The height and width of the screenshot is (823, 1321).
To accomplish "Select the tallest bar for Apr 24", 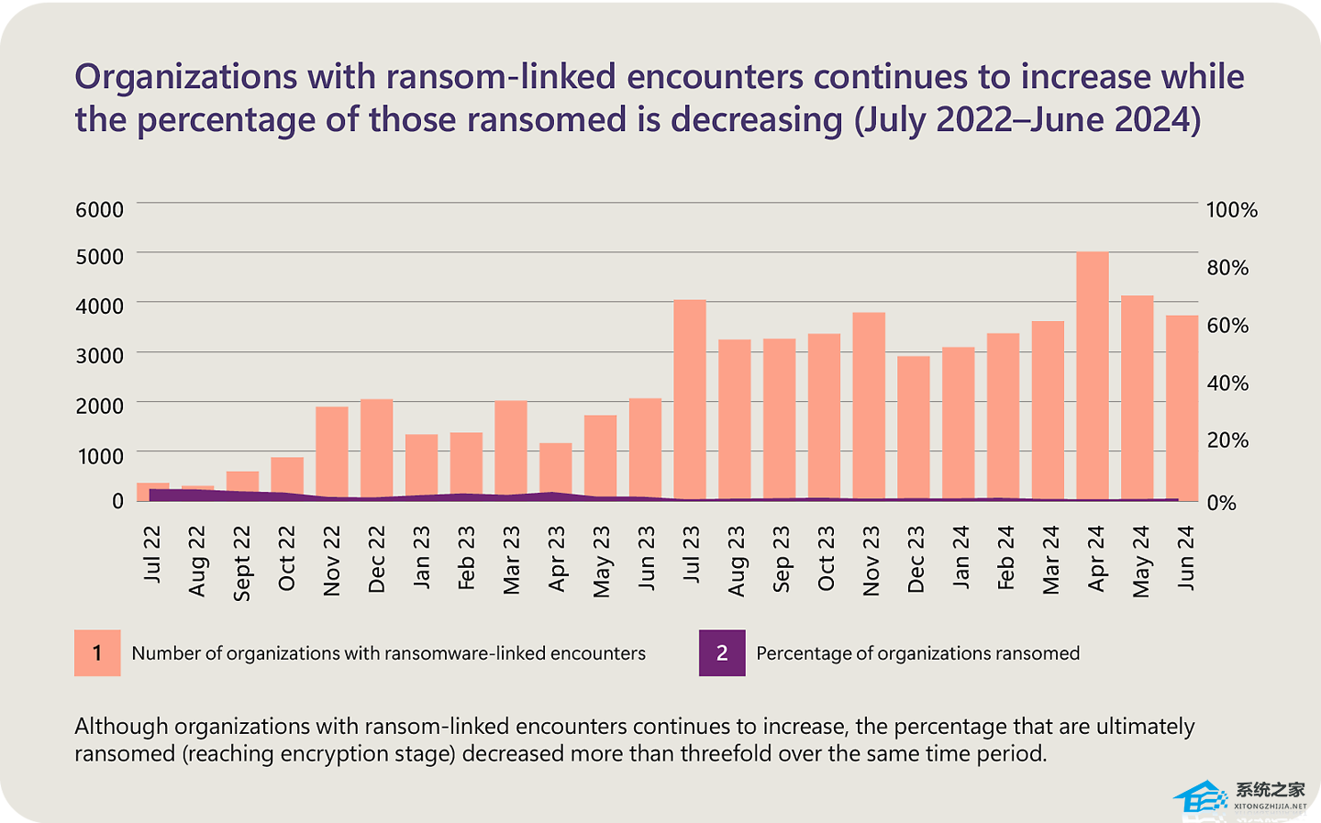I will [x=1092, y=376].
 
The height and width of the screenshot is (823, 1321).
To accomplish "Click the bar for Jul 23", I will [x=690, y=400].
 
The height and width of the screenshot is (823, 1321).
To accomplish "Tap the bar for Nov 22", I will [x=332, y=453].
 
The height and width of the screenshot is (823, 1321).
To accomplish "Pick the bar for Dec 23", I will [x=914, y=428].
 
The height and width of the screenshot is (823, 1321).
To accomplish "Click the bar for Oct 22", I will [x=287, y=477].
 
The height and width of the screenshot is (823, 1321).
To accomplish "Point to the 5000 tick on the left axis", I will [x=99, y=257].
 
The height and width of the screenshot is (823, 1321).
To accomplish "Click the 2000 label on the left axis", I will [x=99, y=406].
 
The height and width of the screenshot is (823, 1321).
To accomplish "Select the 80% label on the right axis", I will [x=1227, y=268].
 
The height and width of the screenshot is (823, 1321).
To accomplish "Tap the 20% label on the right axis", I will [x=1227, y=440].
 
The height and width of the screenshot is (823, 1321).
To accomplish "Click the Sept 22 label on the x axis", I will [x=242, y=562].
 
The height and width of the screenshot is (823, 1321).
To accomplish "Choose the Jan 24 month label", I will [x=960, y=557].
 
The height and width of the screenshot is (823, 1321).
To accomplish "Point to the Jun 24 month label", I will [x=1185, y=557].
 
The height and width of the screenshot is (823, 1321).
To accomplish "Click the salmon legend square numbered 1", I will [x=97, y=653].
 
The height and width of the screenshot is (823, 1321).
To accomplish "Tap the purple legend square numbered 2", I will [x=722, y=653].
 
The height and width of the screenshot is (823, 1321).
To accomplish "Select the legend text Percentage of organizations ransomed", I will [x=917, y=653].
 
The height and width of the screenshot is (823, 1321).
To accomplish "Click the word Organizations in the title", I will [x=186, y=77].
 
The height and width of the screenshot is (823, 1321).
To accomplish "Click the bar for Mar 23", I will [x=511, y=450].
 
